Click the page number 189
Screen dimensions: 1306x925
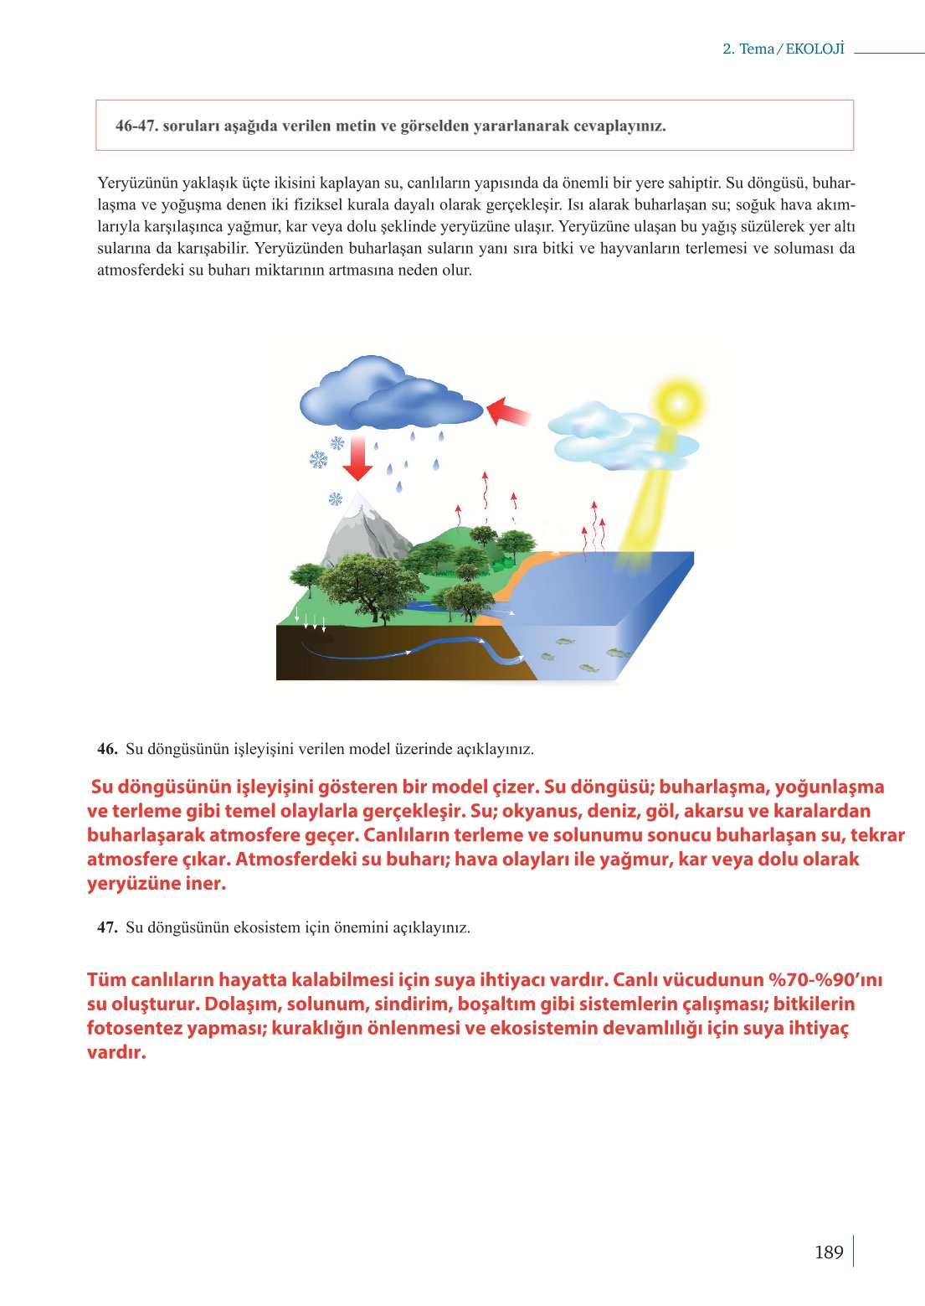(828, 1252)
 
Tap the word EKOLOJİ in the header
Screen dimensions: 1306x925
(815, 49)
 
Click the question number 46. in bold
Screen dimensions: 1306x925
(107, 749)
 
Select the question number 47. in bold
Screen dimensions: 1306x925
(107, 927)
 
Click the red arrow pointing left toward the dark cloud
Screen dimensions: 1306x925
(507, 411)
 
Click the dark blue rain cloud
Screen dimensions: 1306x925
(385, 394)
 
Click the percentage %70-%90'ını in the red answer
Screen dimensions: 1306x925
(825, 980)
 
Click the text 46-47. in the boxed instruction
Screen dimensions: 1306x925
(136, 126)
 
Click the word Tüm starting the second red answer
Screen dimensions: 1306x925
(106, 980)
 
